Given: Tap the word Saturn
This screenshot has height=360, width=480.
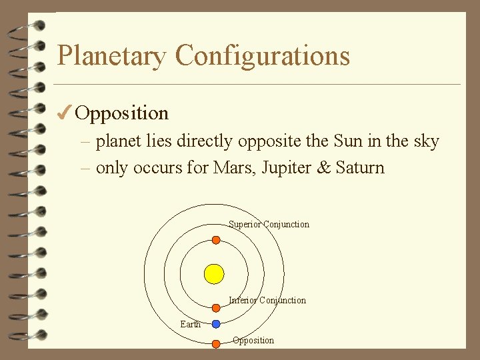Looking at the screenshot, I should click(361, 167).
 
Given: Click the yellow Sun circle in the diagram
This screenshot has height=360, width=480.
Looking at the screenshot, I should click(214, 273).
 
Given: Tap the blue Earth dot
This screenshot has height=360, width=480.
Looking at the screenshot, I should click(216, 324).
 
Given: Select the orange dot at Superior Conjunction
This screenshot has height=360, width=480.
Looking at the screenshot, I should click(216, 239).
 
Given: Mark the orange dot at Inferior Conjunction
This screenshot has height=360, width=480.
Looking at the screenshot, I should click(216, 307).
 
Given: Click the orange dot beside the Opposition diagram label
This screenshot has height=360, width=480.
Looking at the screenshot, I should click(216, 344).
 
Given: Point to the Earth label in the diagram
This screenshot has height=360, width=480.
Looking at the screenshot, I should click(190, 325).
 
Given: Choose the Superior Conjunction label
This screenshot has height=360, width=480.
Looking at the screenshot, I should click(269, 225).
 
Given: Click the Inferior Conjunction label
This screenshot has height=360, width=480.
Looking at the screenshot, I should click(267, 301).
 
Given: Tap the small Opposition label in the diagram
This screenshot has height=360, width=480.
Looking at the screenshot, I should click(253, 341).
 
